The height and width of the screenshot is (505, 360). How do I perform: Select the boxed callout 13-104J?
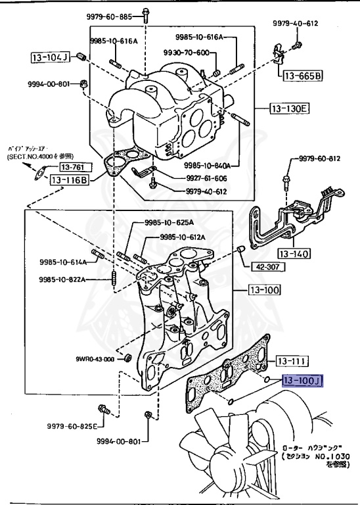(x=49, y=57)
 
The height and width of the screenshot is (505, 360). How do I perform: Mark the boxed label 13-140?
(x=294, y=253)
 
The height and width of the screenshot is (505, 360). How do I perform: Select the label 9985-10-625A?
(x=159, y=224)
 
